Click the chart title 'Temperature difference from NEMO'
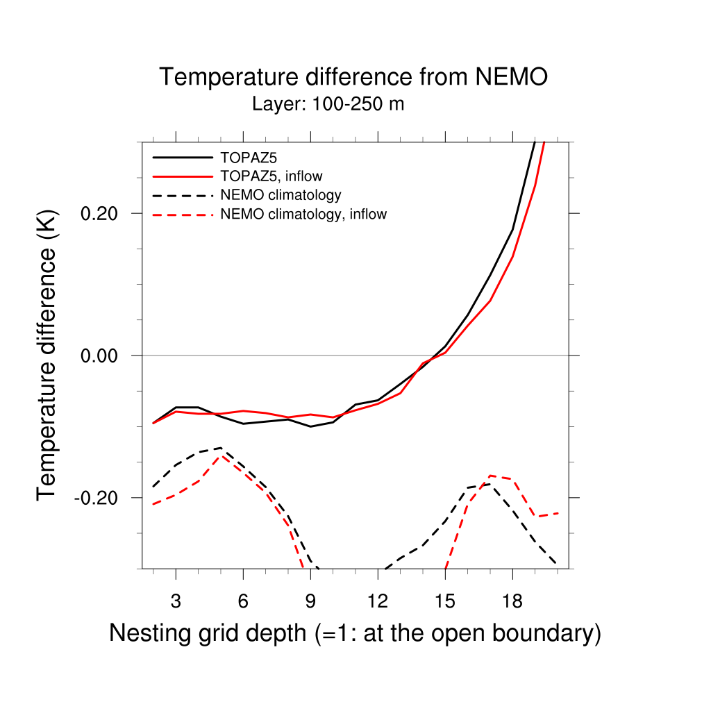(x=353, y=77)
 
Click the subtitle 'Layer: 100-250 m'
(x=328, y=105)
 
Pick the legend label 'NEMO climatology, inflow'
(x=303, y=215)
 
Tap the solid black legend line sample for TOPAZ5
(x=182, y=157)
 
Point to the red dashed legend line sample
(x=182, y=215)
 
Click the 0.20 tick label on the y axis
(x=102, y=213)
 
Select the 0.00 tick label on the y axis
(x=102, y=355)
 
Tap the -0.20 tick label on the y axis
(x=99, y=498)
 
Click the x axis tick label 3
(x=176, y=601)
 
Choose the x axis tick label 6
(x=243, y=601)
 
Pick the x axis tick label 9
(x=310, y=601)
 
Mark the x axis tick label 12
(x=378, y=601)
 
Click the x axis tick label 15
(x=445, y=601)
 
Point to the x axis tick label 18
(x=512, y=601)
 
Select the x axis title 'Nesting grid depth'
(x=355, y=633)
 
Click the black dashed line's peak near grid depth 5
(x=221, y=448)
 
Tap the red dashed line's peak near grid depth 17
(x=490, y=476)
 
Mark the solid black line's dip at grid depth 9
(x=310, y=426)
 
